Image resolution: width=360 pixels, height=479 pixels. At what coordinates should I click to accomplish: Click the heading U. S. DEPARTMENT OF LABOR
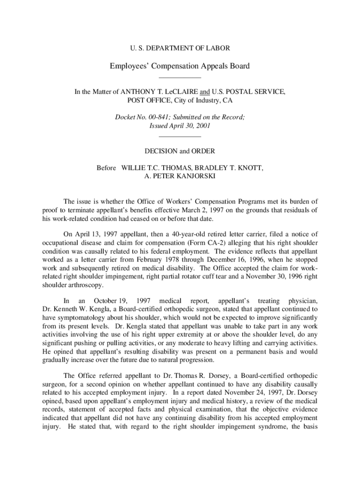pos(180,48)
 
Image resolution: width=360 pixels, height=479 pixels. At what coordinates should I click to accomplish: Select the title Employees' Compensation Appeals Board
pos(180,66)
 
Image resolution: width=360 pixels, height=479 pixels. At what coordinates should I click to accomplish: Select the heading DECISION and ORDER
pos(180,151)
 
